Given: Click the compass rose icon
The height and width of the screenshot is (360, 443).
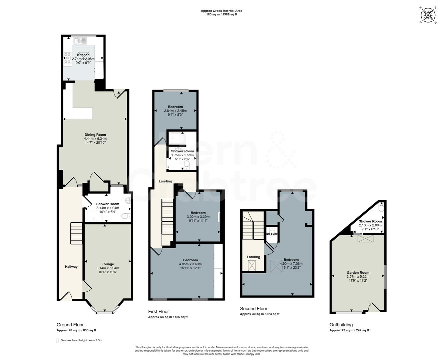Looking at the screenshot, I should [x=428, y=15].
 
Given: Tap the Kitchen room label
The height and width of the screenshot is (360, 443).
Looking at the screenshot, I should [x=83, y=55].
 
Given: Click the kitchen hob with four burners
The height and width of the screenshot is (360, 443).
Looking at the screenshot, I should [x=67, y=58].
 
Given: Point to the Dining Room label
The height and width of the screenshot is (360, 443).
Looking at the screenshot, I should [x=95, y=135].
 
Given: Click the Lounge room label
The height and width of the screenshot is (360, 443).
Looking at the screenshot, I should [x=108, y=264].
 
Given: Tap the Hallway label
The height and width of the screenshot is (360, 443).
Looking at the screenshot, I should [x=71, y=267].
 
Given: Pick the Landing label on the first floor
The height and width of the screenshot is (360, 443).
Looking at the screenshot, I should [x=165, y=181].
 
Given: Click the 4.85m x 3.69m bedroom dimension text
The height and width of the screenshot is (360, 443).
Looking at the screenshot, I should [x=190, y=264].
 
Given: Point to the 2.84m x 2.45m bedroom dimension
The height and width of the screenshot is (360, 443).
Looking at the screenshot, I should [x=175, y=111].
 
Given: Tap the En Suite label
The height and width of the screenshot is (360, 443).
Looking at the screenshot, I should [x=272, y=234].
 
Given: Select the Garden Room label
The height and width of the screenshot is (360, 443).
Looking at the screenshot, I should [x=358, y=273].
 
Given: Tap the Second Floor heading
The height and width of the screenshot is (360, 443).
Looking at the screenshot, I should [x=254, y=309].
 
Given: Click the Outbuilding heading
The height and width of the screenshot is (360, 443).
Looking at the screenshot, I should [x=341, y=325].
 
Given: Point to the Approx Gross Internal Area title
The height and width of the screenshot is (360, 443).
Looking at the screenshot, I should [x=221, y=11].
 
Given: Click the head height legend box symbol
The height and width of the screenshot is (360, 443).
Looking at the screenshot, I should [x=57, y=341].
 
